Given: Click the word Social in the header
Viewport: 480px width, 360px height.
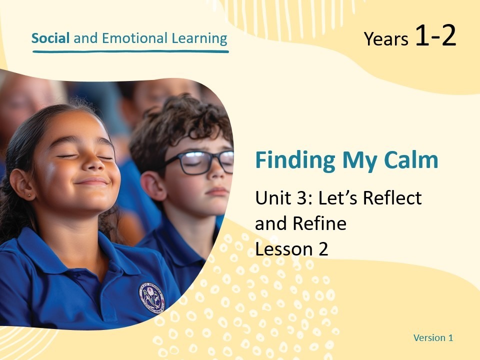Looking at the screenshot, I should [50, 38].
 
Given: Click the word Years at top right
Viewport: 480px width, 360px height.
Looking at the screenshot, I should [386, 39].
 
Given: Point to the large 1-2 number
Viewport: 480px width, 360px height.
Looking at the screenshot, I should [435, 36].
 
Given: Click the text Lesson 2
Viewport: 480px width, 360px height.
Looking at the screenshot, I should [291, 248].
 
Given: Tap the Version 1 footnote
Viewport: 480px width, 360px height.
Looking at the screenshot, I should [433, 337].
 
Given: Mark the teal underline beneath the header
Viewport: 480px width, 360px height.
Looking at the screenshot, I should [130, 51].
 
